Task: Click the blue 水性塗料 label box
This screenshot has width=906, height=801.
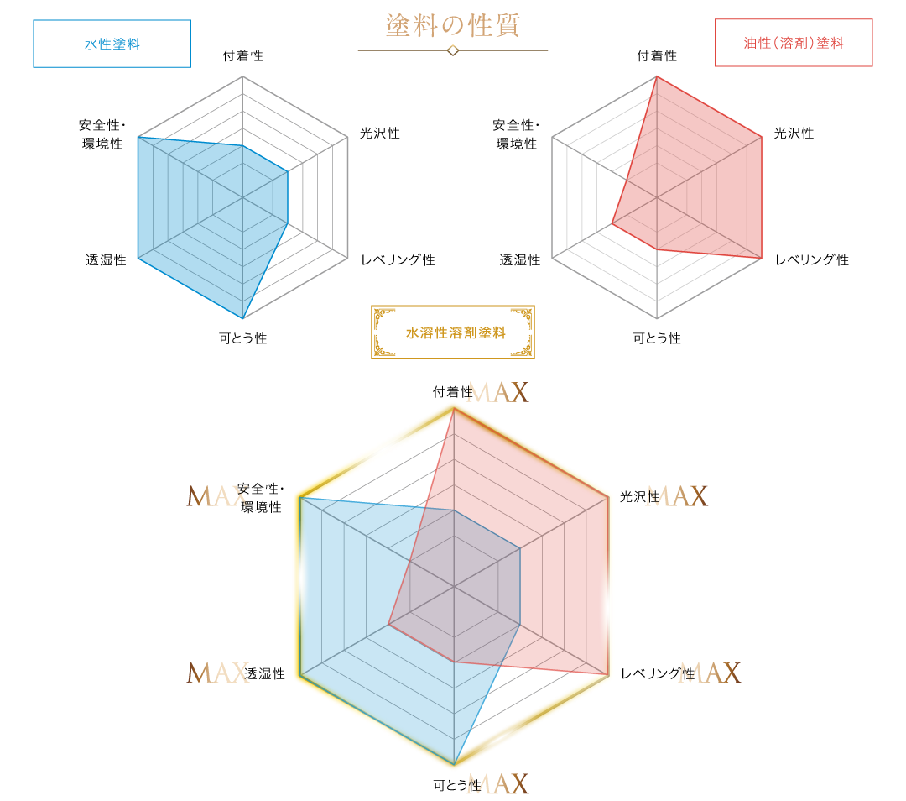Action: [x=112, y=44]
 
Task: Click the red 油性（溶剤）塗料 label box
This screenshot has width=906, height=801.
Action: [x=794, y=43]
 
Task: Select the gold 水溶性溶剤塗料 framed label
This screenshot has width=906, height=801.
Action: [x=452, y=332]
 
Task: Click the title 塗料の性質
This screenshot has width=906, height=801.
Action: [x=453, y=25]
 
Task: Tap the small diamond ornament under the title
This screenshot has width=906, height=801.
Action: [x=453, y=51]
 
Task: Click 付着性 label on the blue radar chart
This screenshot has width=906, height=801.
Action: [x=242, y=55]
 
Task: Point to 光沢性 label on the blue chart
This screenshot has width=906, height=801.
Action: [x=380, y=133]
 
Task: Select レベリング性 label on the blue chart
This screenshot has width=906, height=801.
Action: [x=398, y=259]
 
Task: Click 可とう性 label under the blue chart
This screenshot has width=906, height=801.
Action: [x=242, y=338]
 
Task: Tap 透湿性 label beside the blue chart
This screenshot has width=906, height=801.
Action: [x=106, y=260]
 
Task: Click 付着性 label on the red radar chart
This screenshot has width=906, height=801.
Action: [x=657, y=55]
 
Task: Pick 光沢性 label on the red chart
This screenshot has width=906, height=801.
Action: [x=794, y=133]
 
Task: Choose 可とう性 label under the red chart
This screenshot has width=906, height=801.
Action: [x=657, y=338]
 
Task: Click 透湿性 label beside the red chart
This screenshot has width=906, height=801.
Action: [x=520, y=260]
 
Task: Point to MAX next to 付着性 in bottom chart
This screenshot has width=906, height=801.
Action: [x=498, y=392]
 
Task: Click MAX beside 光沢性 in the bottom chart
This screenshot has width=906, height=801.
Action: [x=677, y=496]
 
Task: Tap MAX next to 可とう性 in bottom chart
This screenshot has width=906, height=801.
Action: [x=498, y=784]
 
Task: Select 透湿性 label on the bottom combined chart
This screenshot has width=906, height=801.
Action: [x=264, y=673]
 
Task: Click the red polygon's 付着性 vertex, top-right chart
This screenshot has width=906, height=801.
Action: [x=657, y=77]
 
